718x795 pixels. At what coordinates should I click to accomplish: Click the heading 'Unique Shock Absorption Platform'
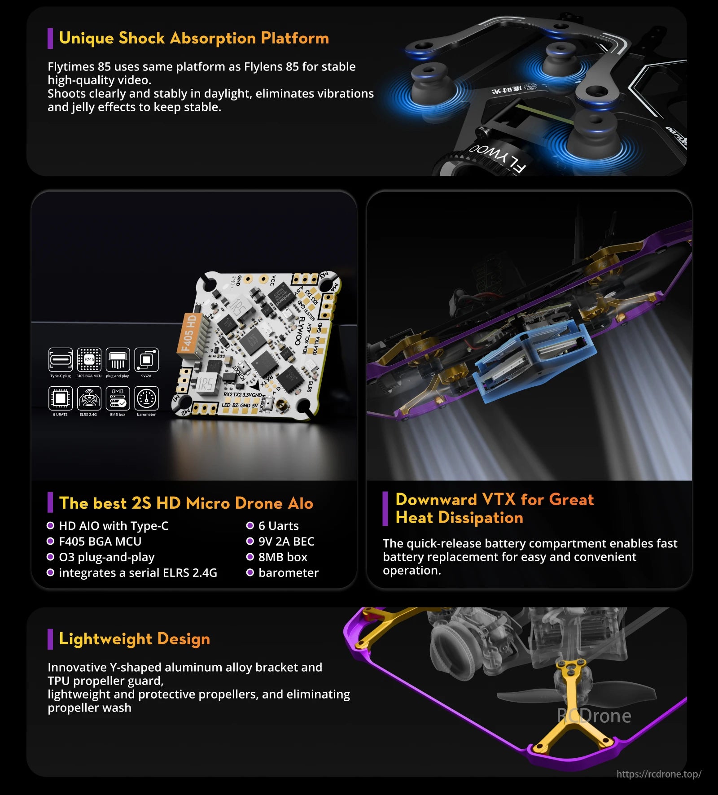point(194,38)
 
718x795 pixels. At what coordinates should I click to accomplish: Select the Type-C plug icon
point(60,359)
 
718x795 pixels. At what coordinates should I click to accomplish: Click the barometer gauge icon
point(146,398)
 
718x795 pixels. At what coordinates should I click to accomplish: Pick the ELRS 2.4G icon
point(89,398)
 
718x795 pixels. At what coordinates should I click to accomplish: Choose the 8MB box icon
point(118,398)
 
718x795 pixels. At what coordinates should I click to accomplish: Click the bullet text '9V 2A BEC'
point(286,542)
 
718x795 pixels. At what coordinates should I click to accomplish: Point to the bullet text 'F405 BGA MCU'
point(100,542)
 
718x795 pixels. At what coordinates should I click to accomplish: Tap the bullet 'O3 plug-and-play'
point(106,557)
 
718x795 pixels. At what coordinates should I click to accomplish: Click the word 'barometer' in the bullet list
point(288,573)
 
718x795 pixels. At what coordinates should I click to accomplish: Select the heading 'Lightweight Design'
point(134,638)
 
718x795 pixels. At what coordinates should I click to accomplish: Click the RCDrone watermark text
point(594,716)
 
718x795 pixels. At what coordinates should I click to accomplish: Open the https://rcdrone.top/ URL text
point(658,774)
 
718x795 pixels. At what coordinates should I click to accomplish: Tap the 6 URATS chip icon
point(60,398)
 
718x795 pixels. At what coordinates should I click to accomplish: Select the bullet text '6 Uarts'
point(278,526)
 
